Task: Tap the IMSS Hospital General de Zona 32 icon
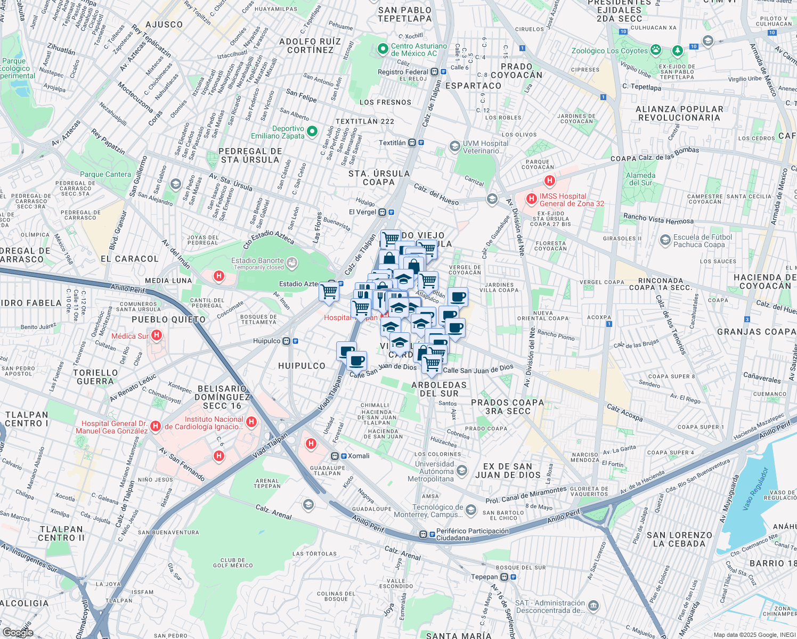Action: [531, 199]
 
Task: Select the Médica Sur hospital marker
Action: [157, 335]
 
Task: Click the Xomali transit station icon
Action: [335, 456]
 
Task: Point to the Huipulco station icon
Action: [287, 341]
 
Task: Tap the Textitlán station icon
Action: [412, 143]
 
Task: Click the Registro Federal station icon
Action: [435, 72]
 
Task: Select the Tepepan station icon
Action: [504, 577]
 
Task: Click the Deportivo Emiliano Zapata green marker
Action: [312, 131]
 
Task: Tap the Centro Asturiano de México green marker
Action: [383, 49]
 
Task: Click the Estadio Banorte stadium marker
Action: [291, 262]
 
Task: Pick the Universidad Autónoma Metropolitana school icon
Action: [462, 470]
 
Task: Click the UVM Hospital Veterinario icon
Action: [454, 146]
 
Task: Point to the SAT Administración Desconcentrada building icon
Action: [593, 606]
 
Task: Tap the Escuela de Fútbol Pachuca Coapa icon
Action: [665, 240]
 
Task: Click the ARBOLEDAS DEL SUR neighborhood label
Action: [438, 389]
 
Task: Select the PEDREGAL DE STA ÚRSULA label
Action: [250, 155]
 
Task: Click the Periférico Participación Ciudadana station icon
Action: [424, 534]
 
